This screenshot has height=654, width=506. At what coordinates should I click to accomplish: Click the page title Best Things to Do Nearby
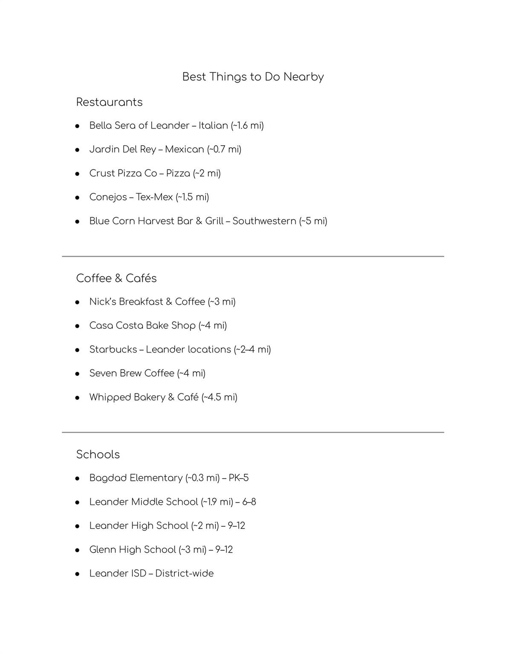click(253, 77)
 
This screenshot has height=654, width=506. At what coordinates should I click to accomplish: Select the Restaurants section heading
click(109, 102)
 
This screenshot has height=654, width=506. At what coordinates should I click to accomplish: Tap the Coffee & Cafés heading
click(116, 278)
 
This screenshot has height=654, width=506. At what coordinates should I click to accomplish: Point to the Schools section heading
click(98, 454)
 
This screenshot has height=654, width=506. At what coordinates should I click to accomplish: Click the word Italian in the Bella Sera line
click(213, 126)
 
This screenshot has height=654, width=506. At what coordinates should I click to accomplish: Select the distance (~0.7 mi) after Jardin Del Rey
click(224, 149)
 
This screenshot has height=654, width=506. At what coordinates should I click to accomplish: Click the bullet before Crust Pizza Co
click(78, 174)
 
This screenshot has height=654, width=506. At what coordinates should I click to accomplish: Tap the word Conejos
click(108, 197)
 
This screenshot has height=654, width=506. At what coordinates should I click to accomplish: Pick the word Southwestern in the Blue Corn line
click(264, 221)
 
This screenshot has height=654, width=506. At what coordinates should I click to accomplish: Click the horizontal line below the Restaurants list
click(253, 256)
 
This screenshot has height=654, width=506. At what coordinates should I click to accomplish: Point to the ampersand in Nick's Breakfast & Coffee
click(169, 302)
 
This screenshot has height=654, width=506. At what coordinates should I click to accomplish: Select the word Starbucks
click(113, 350)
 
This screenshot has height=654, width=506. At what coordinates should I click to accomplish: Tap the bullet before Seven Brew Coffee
click(78, 374)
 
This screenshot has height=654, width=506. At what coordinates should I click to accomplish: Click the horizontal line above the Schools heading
click(253, 432)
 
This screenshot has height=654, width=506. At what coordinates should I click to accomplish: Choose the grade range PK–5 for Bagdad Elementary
click(239, 478)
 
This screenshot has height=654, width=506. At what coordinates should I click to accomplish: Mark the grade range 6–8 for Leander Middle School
click(249, 502)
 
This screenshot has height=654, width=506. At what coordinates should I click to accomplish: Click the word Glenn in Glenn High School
click(103, 550)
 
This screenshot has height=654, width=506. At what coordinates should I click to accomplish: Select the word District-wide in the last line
click(184, 574)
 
